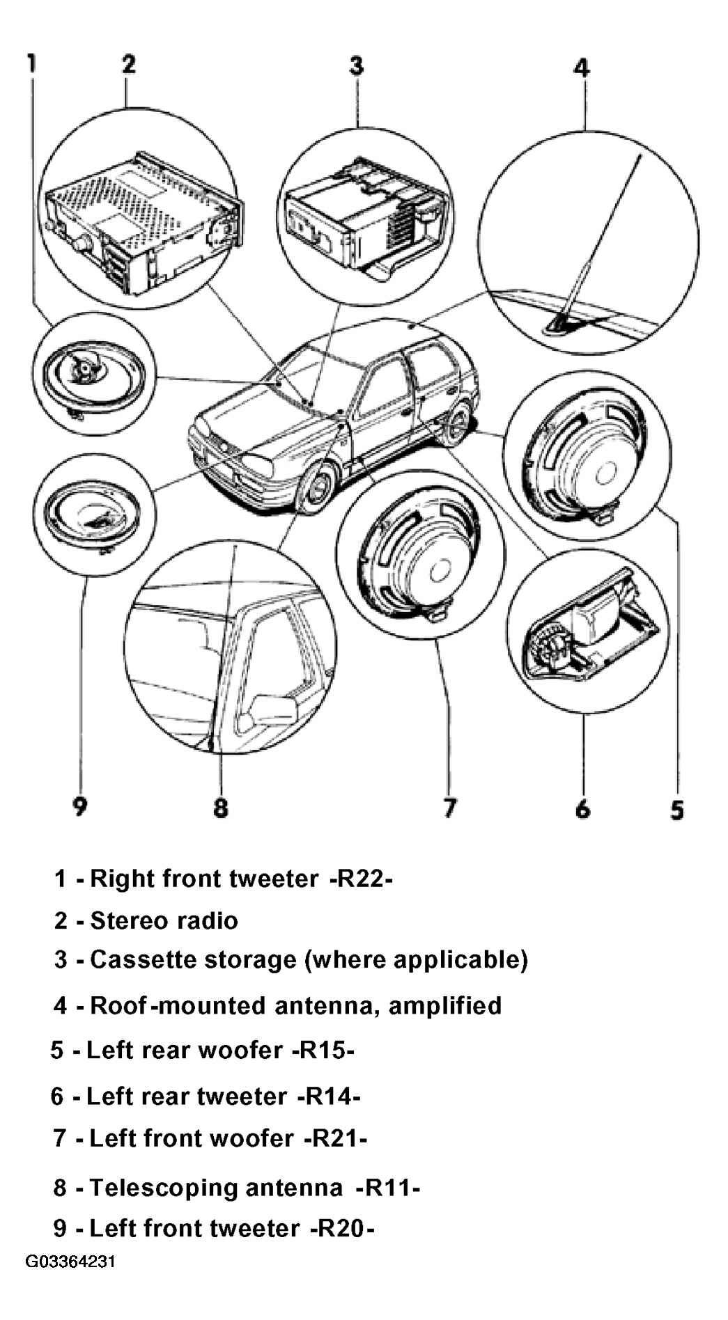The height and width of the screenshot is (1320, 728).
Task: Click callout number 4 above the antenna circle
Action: pos(582,68)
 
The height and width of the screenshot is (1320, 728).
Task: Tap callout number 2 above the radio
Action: pos(129,63)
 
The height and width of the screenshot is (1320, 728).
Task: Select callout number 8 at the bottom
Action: pos(220,807)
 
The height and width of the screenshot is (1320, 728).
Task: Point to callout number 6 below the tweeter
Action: pos(582,808)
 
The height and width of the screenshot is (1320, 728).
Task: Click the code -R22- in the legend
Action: pos(361,879)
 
